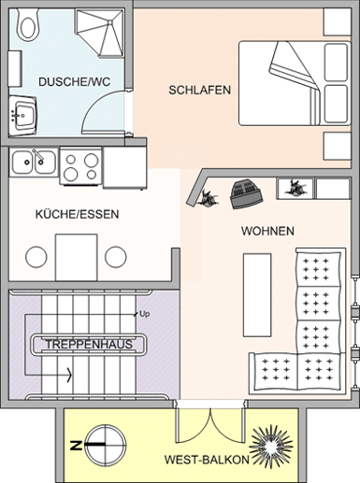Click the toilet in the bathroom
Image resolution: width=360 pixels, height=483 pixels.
pos(27,24)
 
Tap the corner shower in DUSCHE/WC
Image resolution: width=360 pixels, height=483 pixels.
pos(99,33)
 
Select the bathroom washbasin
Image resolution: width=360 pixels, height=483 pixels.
pos(22,116)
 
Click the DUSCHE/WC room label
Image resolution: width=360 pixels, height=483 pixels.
pos(75,82)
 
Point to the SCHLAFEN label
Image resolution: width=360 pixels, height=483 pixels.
pos(200,90)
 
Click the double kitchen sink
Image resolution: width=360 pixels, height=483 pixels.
pos(34,163)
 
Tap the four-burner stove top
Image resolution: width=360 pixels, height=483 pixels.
pos(81,167)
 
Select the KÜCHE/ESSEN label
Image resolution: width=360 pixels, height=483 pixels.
pos(77,214)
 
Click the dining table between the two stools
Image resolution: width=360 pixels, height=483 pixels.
pos(77,257)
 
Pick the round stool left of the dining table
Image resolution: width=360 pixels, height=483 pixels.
pos(36,257)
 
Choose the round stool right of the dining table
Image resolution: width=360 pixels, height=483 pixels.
pos(116,257)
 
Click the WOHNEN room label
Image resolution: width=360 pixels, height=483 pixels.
pos(267,231)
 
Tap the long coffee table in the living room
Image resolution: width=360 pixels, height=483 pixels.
pos(257,295)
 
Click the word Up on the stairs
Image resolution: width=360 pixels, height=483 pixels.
pos(145,314)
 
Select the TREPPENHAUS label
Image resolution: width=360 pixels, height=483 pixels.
pos(89,345)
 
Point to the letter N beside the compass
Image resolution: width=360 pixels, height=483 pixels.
pos(75,446)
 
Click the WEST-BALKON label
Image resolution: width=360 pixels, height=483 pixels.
pos(207,460)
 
